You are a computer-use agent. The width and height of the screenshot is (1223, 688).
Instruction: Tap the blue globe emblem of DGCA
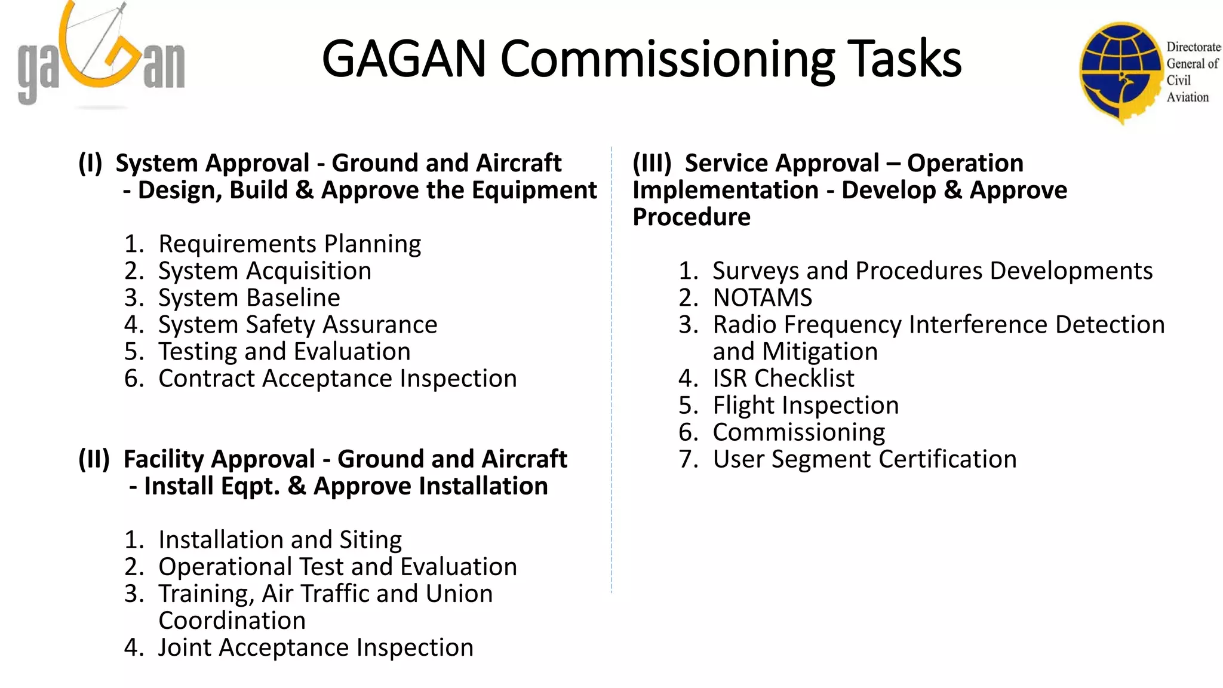(1120, 72)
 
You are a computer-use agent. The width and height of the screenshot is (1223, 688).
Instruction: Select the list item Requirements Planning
(289, 244)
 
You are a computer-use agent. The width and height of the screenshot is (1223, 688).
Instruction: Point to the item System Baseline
(248, 297)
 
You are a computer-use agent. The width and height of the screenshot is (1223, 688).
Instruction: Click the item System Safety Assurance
(297, 324)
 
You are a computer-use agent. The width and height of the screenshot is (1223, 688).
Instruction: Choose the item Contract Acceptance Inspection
(337, 378)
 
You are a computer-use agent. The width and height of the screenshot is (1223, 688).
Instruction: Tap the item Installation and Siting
(279, 539)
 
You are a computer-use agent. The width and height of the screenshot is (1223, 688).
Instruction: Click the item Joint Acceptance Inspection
(315, 647)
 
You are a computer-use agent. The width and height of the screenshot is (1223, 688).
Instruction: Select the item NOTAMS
(762, 297)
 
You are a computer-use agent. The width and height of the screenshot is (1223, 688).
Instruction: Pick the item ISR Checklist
(783, 378)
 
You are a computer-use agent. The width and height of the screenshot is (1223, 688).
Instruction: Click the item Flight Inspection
(805, 405)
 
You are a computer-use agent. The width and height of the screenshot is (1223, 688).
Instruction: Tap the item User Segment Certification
(864, 459)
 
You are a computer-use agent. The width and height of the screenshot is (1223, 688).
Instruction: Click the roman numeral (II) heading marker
(94, 459)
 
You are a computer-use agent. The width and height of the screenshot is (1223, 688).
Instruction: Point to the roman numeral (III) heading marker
(652, 162)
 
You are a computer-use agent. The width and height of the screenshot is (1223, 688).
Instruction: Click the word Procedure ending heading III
(691, 217)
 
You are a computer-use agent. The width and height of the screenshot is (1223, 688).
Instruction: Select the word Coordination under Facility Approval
(232, 620)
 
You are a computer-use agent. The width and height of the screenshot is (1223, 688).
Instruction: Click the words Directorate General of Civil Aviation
(1192, 72)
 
